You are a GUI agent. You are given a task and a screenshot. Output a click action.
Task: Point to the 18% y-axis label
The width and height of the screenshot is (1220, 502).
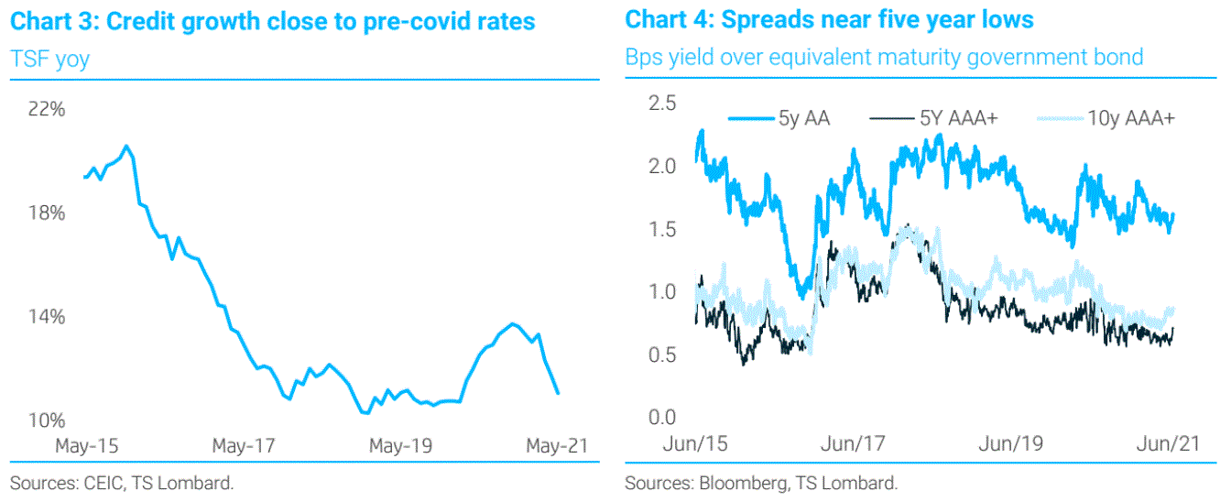tap(47, 213)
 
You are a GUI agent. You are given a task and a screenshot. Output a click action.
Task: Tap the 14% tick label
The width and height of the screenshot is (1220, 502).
tap(47, 317)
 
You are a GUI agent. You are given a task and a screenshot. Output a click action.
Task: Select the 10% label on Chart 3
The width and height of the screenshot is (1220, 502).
tap(47, 421)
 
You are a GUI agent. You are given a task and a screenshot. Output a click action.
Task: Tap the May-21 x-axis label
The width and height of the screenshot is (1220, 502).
tap(555, 446)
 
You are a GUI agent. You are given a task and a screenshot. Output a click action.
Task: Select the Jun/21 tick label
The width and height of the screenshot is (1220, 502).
tap(1168, 444)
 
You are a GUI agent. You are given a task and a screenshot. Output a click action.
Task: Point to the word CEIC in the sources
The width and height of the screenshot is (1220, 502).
tap(102, 483)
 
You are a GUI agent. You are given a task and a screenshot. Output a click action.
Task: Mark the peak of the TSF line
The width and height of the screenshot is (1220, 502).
tap(126, 146)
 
